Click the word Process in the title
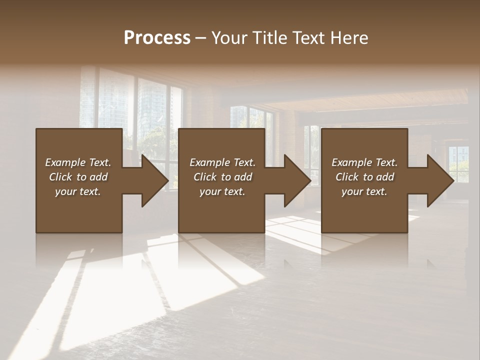pyautogui.click(x=157, y=38)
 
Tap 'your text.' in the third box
pyautogui.click(x=364, y=191)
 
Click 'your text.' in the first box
pyautogui.click(x=78, y=191)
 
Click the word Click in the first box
pyautogui.click(x=60, y=177)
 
